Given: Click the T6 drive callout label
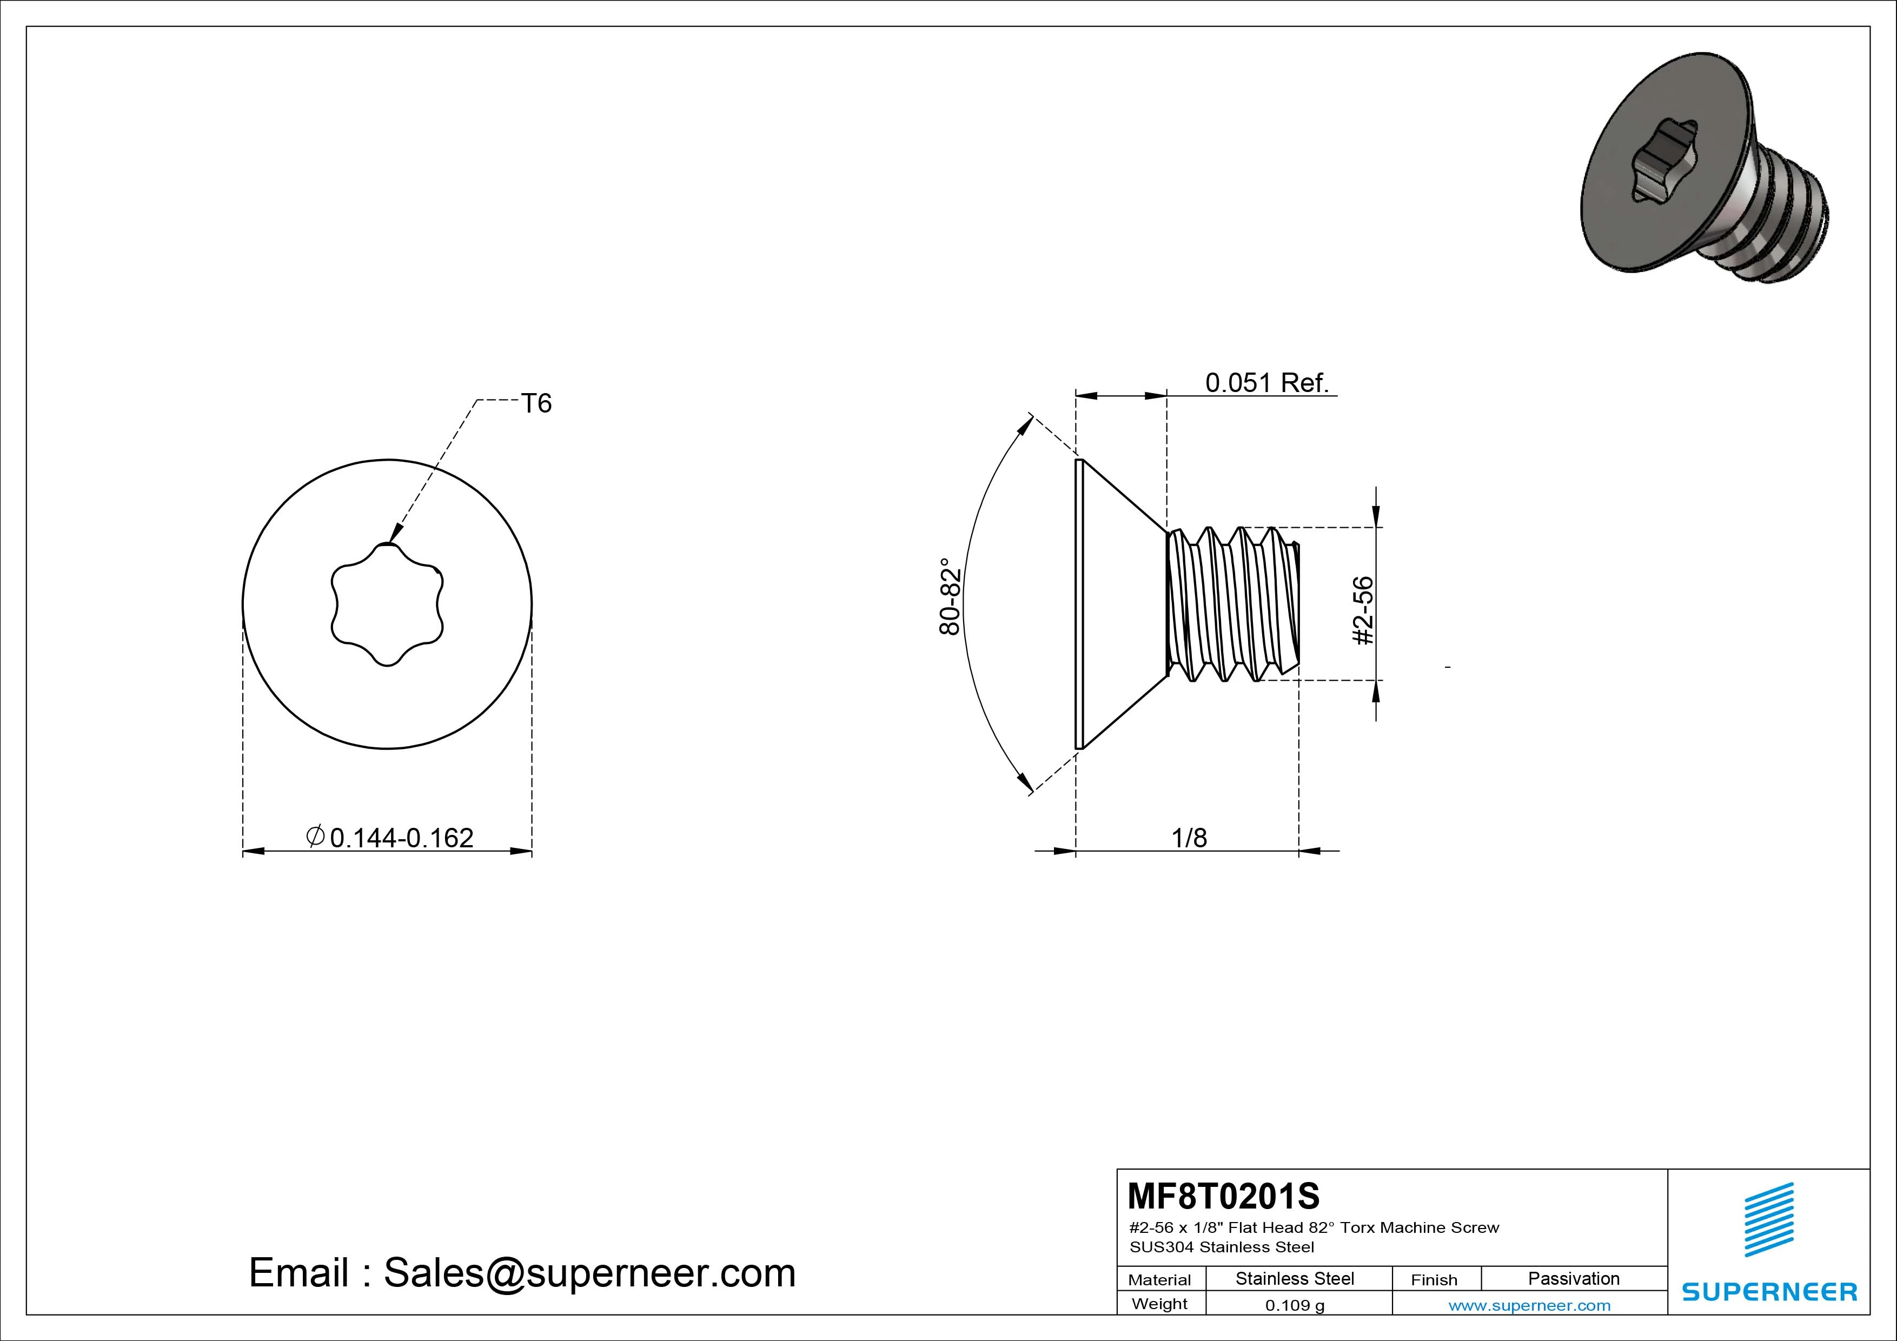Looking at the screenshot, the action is pos(536,403).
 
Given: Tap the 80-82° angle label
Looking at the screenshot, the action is pos(950,596).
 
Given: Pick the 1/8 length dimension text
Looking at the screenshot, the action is pos(1189,838).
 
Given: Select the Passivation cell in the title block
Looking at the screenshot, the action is pos(1573,1278).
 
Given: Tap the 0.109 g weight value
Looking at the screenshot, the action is pos(1295,1305).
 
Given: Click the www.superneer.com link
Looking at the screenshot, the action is pos(1529,1305).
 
